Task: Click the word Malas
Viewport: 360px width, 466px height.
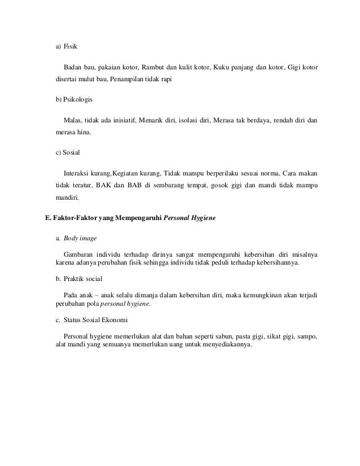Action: pyautogui.click(x=73, y=120)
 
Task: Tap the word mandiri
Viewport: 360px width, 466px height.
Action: pyautogui.click(x=67, y=198)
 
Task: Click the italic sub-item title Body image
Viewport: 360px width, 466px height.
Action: pyautogui.click(x=81, y=239)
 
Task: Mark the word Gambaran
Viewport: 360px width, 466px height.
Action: pyautogui.click(x=80, y=254)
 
